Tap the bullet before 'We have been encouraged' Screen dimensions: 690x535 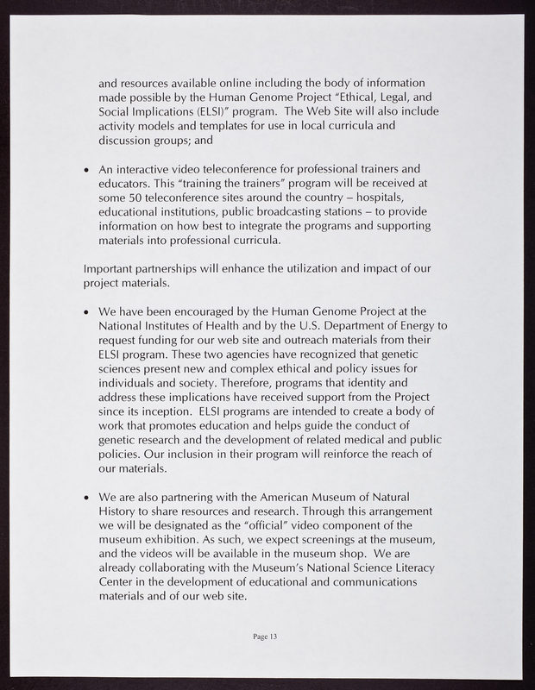click(x=86, y=311)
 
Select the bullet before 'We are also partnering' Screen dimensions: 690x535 click(x=86, y=499)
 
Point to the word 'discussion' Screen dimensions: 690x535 click(x=129, y=140)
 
